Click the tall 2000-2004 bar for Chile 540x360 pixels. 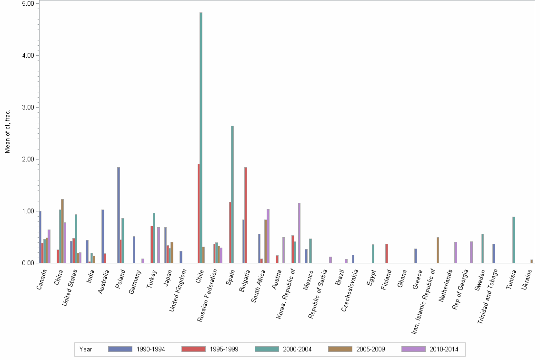[201, 138]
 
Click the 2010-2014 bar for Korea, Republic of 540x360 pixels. [300, 233]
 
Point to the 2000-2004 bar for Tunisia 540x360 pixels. [514, 240]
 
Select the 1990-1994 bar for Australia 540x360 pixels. [103, 236]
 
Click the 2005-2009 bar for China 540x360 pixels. [62, 231]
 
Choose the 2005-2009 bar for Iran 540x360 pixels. [438, 250]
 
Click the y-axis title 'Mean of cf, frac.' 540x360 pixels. [7, 131]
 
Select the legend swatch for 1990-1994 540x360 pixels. [120, 349]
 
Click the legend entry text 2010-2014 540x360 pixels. [443, 350]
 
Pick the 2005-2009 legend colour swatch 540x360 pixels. [340, 349]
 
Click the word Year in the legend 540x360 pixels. [86, 350]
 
